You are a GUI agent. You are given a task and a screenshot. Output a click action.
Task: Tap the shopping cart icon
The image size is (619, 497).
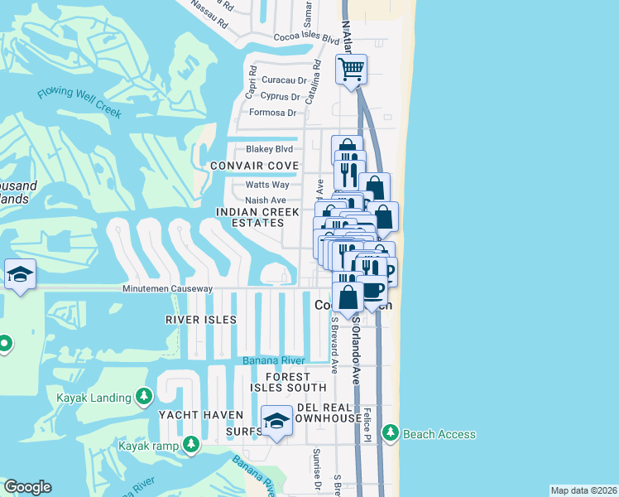(352, 69)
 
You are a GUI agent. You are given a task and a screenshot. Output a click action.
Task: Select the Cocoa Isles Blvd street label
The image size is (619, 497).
(307, 38)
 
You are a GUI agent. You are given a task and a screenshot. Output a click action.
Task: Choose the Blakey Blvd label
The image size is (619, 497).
(269, 149)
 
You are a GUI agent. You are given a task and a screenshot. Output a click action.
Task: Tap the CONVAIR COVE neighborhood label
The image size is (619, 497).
(254, 166)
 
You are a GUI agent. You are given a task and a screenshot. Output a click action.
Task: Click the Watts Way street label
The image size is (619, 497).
(267, 185)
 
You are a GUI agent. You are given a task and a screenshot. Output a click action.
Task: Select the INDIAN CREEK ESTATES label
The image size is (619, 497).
(257, 218)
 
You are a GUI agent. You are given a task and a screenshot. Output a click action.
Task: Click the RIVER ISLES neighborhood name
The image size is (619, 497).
(201, 320)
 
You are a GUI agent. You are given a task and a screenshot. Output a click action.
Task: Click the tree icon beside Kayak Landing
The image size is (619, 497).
(145, 397)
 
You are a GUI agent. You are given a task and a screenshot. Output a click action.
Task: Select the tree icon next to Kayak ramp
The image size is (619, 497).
(191, 445)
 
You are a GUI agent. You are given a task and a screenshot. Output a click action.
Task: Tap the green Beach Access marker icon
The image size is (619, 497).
(390, 433)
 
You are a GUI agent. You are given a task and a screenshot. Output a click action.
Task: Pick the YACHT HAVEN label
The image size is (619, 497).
(201, 415)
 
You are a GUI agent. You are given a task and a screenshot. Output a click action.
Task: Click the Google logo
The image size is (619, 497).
(27, 487)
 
